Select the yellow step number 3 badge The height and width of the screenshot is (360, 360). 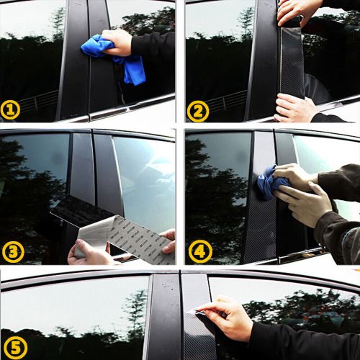pos(14,251)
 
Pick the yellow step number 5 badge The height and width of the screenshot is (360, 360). pos(15,348)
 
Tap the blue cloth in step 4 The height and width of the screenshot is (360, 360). pos(271,183)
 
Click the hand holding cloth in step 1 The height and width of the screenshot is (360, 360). pos(119,40)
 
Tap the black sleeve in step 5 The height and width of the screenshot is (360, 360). pos(295,342)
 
